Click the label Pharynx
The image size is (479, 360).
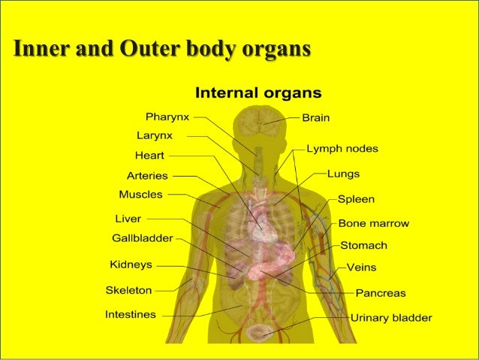click(x=167, y=117)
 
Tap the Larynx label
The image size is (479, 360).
click(x=155, y=136)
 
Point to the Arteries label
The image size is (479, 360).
click(x=147, y=175)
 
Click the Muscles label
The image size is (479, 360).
click(x=140, y=195)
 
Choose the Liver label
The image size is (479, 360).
click(x=128, y=219)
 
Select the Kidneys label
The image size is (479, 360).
click(x=131, y=265)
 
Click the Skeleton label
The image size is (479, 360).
click(x=128, y=289)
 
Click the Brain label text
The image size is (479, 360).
click(x=315, y=118)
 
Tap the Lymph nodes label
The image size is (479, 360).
click(x=342, y=149)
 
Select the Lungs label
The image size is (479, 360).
click(x=343, y=174)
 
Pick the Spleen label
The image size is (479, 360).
click(x=356, y=200)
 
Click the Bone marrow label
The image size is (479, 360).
click(x=373, y=223)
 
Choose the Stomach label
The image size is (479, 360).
click(x=364, y=245)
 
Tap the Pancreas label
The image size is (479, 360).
click(x=381, y=293)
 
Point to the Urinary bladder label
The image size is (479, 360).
click(x=391, y=318)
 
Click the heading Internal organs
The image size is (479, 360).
click(x=258, y=94)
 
